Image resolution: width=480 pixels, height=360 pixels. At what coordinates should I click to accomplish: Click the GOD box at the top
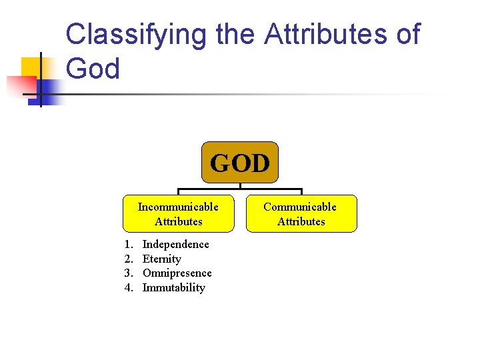click(x=240, y=162)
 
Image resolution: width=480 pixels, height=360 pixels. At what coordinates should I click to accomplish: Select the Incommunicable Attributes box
click(x=178, y=213)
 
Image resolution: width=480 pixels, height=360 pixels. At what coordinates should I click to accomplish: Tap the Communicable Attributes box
click(x=301, y=213)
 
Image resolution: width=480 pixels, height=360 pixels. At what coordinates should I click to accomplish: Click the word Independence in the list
click(x=175, y=245)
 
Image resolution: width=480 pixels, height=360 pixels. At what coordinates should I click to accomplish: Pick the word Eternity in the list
click(x=161, y=259)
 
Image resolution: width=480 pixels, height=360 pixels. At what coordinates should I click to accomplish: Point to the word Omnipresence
click(x=177, y=273)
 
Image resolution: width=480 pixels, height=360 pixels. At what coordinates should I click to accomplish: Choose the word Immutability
click(x=173, y=288)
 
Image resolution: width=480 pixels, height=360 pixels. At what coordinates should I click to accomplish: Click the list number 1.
click(x=129, y=245)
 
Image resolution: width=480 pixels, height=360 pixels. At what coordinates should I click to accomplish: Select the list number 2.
click(x=129, y=259)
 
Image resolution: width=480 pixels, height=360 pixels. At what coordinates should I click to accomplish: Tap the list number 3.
click(x=129, y=273)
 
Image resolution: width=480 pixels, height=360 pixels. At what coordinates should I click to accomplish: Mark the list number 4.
click(x=129, y=288)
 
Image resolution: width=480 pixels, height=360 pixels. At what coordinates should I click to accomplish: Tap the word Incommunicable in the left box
click(x=178, y=207)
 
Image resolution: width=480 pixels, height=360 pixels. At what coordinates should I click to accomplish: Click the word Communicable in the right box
click(x=300, y=207)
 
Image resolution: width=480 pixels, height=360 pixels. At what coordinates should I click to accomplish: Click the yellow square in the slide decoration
click(x=32, y=67)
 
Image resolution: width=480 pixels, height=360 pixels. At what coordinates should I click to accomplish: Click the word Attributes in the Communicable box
click(x=301, y=221)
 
